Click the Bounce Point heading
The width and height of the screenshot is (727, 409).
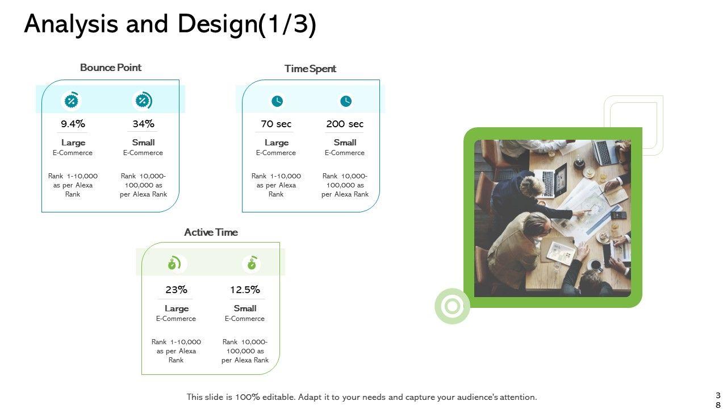[111, 68]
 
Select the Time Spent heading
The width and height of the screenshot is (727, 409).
[310, 69]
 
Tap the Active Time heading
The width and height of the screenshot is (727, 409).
[211, 232]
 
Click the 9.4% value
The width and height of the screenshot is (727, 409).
[73, 124]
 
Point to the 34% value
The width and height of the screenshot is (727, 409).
[143, 124]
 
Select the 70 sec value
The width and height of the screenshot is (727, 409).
[276, 124]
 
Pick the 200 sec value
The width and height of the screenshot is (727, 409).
[345, 124]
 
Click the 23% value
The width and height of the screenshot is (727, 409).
[176, 290]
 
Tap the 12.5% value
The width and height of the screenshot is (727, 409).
[245, 290]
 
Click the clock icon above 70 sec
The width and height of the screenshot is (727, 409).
[277, 101]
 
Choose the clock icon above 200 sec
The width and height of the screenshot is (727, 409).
[346, 101]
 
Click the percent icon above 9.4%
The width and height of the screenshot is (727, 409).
[71, 101]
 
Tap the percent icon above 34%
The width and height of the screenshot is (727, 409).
[142, 101]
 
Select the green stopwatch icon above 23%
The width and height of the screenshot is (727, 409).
[174, 264]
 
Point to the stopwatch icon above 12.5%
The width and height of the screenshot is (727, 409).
[252, 264]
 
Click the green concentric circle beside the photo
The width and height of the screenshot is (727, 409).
[452, 307]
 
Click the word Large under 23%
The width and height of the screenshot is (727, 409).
[176, 308]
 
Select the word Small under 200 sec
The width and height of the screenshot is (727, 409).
[345, 143]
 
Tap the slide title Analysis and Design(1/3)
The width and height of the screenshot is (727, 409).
[170, 25]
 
